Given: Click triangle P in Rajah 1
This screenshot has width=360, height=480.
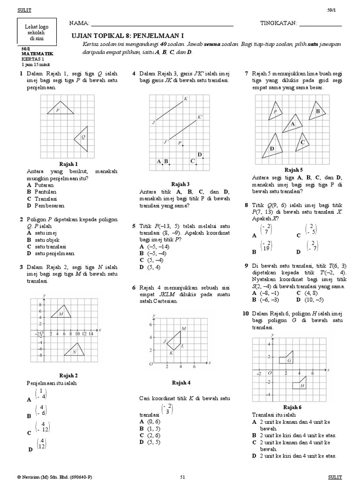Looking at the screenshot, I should [x=63, y=110].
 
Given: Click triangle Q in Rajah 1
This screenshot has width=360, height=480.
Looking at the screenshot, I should [x=82, y=137].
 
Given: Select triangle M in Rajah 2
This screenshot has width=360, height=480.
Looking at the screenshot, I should [x=62, y=312].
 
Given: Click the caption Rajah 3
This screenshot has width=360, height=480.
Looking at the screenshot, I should [x=180, y=184].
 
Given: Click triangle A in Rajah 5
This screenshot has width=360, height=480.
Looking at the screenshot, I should [x=292, y=124].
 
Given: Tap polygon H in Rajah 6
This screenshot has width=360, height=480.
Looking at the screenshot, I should [x=300, y=384].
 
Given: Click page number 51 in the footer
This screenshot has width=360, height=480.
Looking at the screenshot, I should [x=183, y=476].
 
